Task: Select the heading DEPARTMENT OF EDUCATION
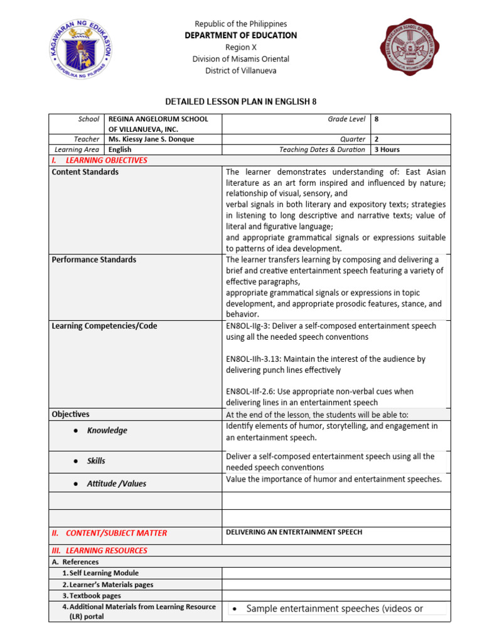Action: coord(240,36)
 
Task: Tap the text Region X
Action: coord(240,47)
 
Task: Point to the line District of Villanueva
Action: coord(240,70)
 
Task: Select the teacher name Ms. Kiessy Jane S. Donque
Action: coord(151,139)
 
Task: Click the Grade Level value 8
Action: coord(376,119)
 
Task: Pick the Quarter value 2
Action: coord(376,139)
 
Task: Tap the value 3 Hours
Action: coord(387,149)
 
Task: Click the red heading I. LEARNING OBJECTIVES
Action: coord(99,160)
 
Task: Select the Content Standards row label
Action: coord(85,172)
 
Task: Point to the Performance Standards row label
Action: coord(94,259)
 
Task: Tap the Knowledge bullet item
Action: coord(107,430)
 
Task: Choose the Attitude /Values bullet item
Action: coord(116,484)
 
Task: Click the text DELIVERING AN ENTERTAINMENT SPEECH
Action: coord(294,532)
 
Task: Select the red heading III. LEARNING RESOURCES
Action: coord(99,551)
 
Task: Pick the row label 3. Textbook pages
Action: coord(92,595)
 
